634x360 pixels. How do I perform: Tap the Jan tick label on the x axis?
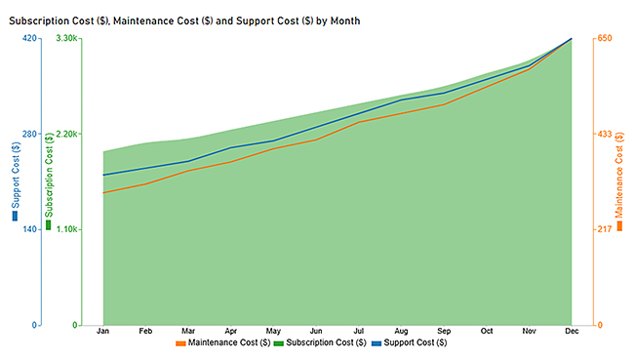(102, 331)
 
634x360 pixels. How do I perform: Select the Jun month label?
(316, 331)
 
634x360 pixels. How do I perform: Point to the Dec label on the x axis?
(572, 331)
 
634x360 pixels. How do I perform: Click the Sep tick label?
(444, 331)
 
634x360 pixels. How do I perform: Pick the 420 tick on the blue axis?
(29, 38)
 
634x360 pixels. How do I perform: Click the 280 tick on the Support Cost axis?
(29, 134)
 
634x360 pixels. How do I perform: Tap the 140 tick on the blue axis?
(29, 229)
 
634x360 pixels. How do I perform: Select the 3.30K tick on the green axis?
(66, 38)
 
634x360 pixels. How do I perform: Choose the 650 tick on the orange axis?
(604, 38)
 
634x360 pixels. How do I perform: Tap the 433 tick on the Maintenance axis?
(604, 134)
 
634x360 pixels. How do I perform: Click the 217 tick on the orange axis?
(604, 229)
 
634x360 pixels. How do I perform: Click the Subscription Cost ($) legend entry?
(321, 343)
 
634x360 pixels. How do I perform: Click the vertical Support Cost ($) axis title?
(15, 176)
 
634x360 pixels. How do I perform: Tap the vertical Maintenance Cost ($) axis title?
(619, 176)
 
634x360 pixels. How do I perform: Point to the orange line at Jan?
(102, 192)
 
